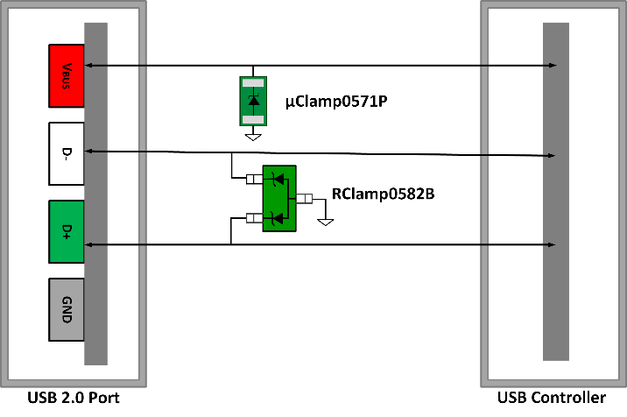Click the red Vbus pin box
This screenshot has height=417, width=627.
tap(66, 75)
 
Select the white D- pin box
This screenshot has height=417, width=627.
tap(66, 153)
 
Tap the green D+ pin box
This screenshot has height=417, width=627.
tap(66, 231)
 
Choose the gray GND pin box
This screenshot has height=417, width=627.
tap(66, 309)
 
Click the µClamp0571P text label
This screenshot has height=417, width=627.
tap(335, 102)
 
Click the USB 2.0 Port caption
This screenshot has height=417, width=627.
tap(74, 398)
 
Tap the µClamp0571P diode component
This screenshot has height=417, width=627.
tap(253, 100)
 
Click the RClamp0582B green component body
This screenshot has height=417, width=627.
tap(279, 198)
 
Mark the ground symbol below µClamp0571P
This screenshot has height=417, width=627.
tap(253, 136)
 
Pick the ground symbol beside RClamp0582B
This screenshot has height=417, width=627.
tap(325, 221)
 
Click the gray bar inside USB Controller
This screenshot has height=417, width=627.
tap(554, 191)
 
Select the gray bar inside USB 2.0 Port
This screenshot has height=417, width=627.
tap(95, 193)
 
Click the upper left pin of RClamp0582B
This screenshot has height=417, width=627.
tap(255, 180)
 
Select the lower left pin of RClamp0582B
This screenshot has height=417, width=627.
tap(255, 217)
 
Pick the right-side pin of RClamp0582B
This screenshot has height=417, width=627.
tap(304, 198)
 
